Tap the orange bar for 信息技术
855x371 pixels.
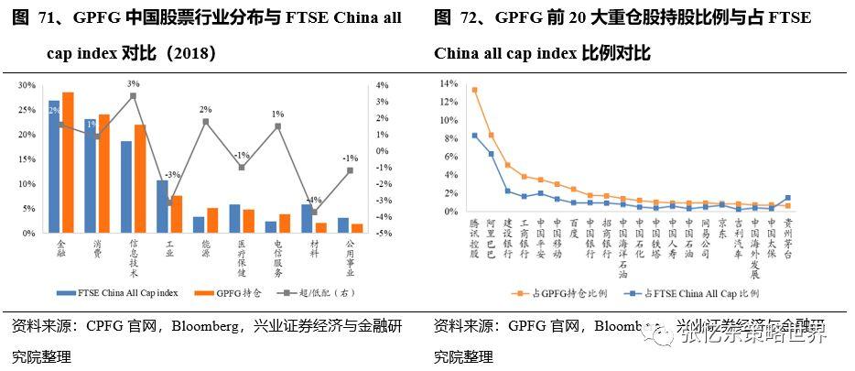(x=140, y=180)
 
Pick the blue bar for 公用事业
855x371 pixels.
(x=343, y=225)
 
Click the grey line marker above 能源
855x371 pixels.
(x=207, y=122)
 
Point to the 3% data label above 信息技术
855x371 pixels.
(x=133, y=83)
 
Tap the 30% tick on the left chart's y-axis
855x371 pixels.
(x=27, y=85)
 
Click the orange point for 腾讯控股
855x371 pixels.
(x=474, y=90)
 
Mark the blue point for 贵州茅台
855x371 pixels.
(x=788, y=198)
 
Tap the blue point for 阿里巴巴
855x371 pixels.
(x=491, y=154)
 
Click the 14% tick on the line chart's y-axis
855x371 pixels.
(x=448, y=83)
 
